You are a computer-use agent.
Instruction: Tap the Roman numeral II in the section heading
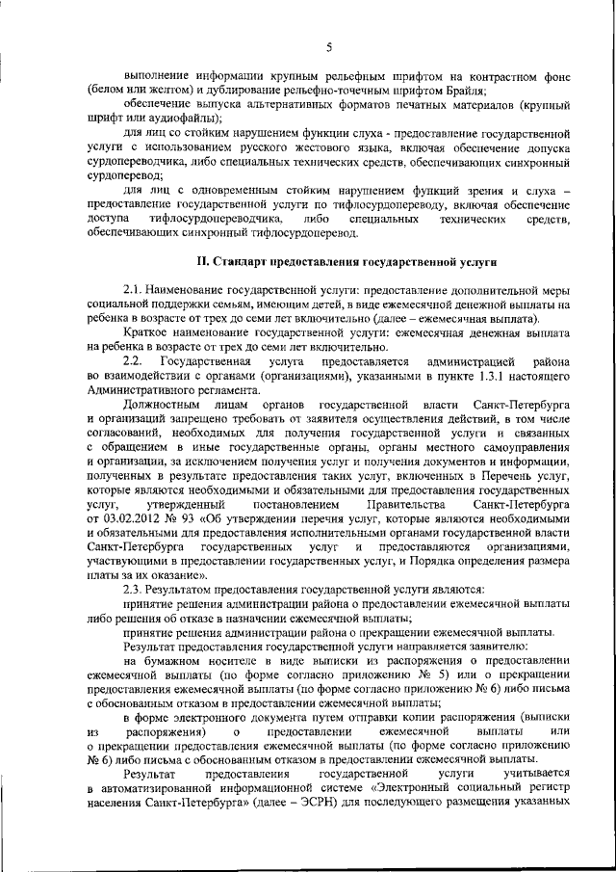coord(201,260)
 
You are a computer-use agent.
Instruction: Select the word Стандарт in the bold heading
coord(242,260)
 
